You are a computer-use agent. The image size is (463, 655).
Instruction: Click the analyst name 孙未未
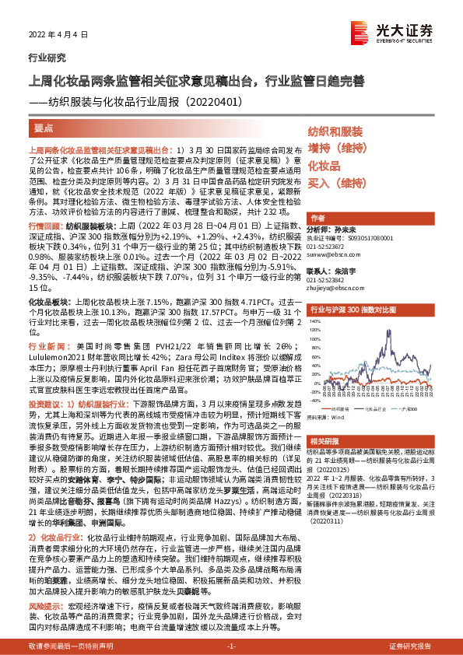[x=345, y=230]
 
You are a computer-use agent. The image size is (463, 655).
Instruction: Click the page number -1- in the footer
[x=231, y=646]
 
